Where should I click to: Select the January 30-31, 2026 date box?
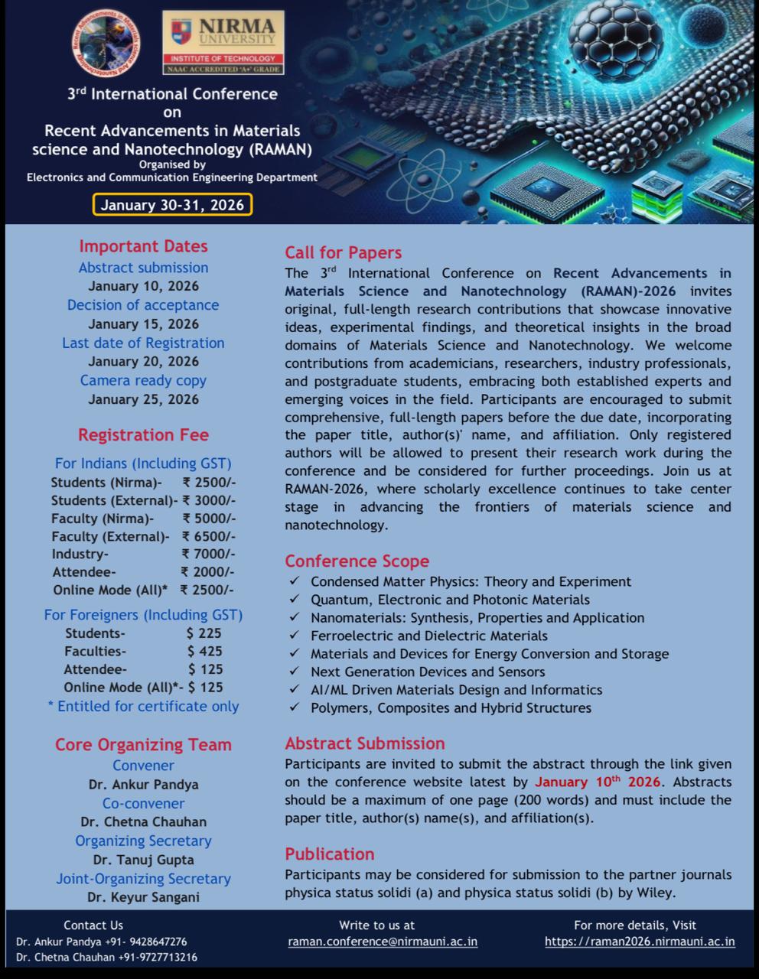pyautogui.click(x=172, y=205)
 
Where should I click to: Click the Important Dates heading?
pyautogui.click(x=143, y=246)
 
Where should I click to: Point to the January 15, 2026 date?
pyautogui.click(x=143, y=324)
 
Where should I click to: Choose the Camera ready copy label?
pyautogui.click(x=143, y=380)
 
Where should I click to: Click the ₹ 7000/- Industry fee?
pyautogui.click(x=208, y=554)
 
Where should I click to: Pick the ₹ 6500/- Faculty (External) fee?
pyautogui.click(x=208, y=536)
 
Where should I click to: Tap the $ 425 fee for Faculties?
pyautogui.click(x=205, y=651)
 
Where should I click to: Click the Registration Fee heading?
pyautogui.click(x=143, y=435)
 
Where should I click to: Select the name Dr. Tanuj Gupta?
pyautogui.click(x=143, y=860)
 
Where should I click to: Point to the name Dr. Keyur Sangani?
pyautogui.click(x=143, y=897)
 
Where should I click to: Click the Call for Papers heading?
pyautogui.click(x=343, y=253)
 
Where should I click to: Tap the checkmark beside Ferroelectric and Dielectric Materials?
pyautogui.click(x=295, y=636)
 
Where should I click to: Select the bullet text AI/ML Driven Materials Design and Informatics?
pyautogui.click(x=456, y=690)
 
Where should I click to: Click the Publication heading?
pyautogui.click(x=330, y=854)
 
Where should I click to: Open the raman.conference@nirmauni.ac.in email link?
pyautogui.click(x=383, y=942)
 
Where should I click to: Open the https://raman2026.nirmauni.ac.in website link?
pyautogui.click(x=640, y=942)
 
